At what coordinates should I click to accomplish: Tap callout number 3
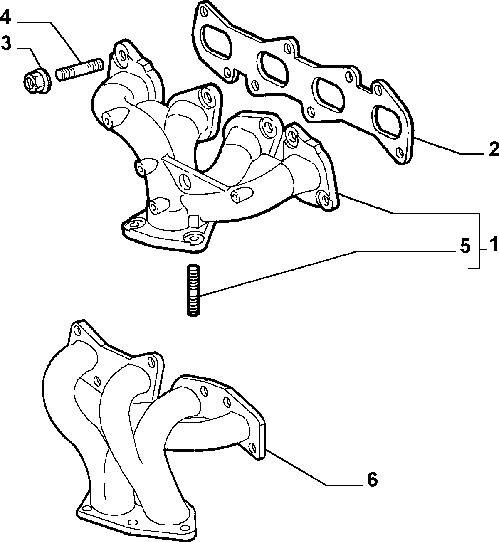pyautogui.click(x=5, y=44)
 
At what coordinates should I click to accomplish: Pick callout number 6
pyautogui.click(x=372, y=480)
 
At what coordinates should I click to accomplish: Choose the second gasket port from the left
pyautogui.click(x=272, y=68)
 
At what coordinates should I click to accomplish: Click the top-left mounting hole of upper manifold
pyautogui.click(x=121, y=54)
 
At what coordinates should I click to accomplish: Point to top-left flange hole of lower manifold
pyautogui.click(x=77, y=331)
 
